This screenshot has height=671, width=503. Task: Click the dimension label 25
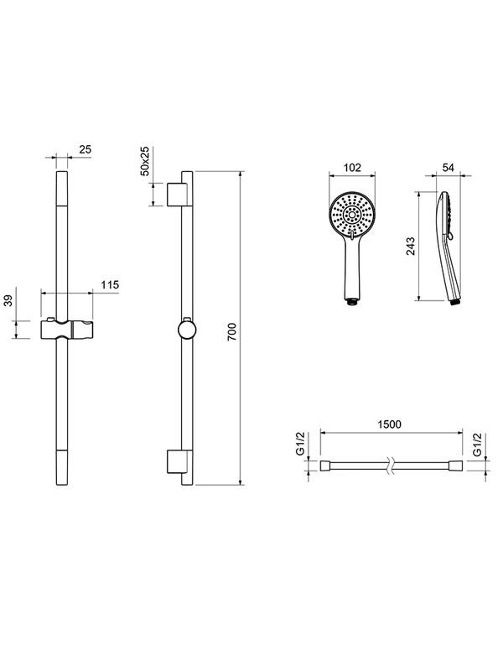pos(86,149)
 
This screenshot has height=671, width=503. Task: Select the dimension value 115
pos(110,285)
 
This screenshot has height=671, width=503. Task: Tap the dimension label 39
pos(8,300)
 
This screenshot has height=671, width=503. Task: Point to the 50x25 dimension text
pos(145,161)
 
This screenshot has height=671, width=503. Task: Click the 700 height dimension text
pos(231,332)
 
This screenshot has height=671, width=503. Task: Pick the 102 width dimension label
pos(352,167)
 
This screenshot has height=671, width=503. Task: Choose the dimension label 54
pos(448,167)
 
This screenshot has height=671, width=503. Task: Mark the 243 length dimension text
pos(411,246)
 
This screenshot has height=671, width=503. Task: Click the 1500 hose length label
pos(390,424)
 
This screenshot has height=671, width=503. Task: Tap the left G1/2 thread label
pos(301,445)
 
